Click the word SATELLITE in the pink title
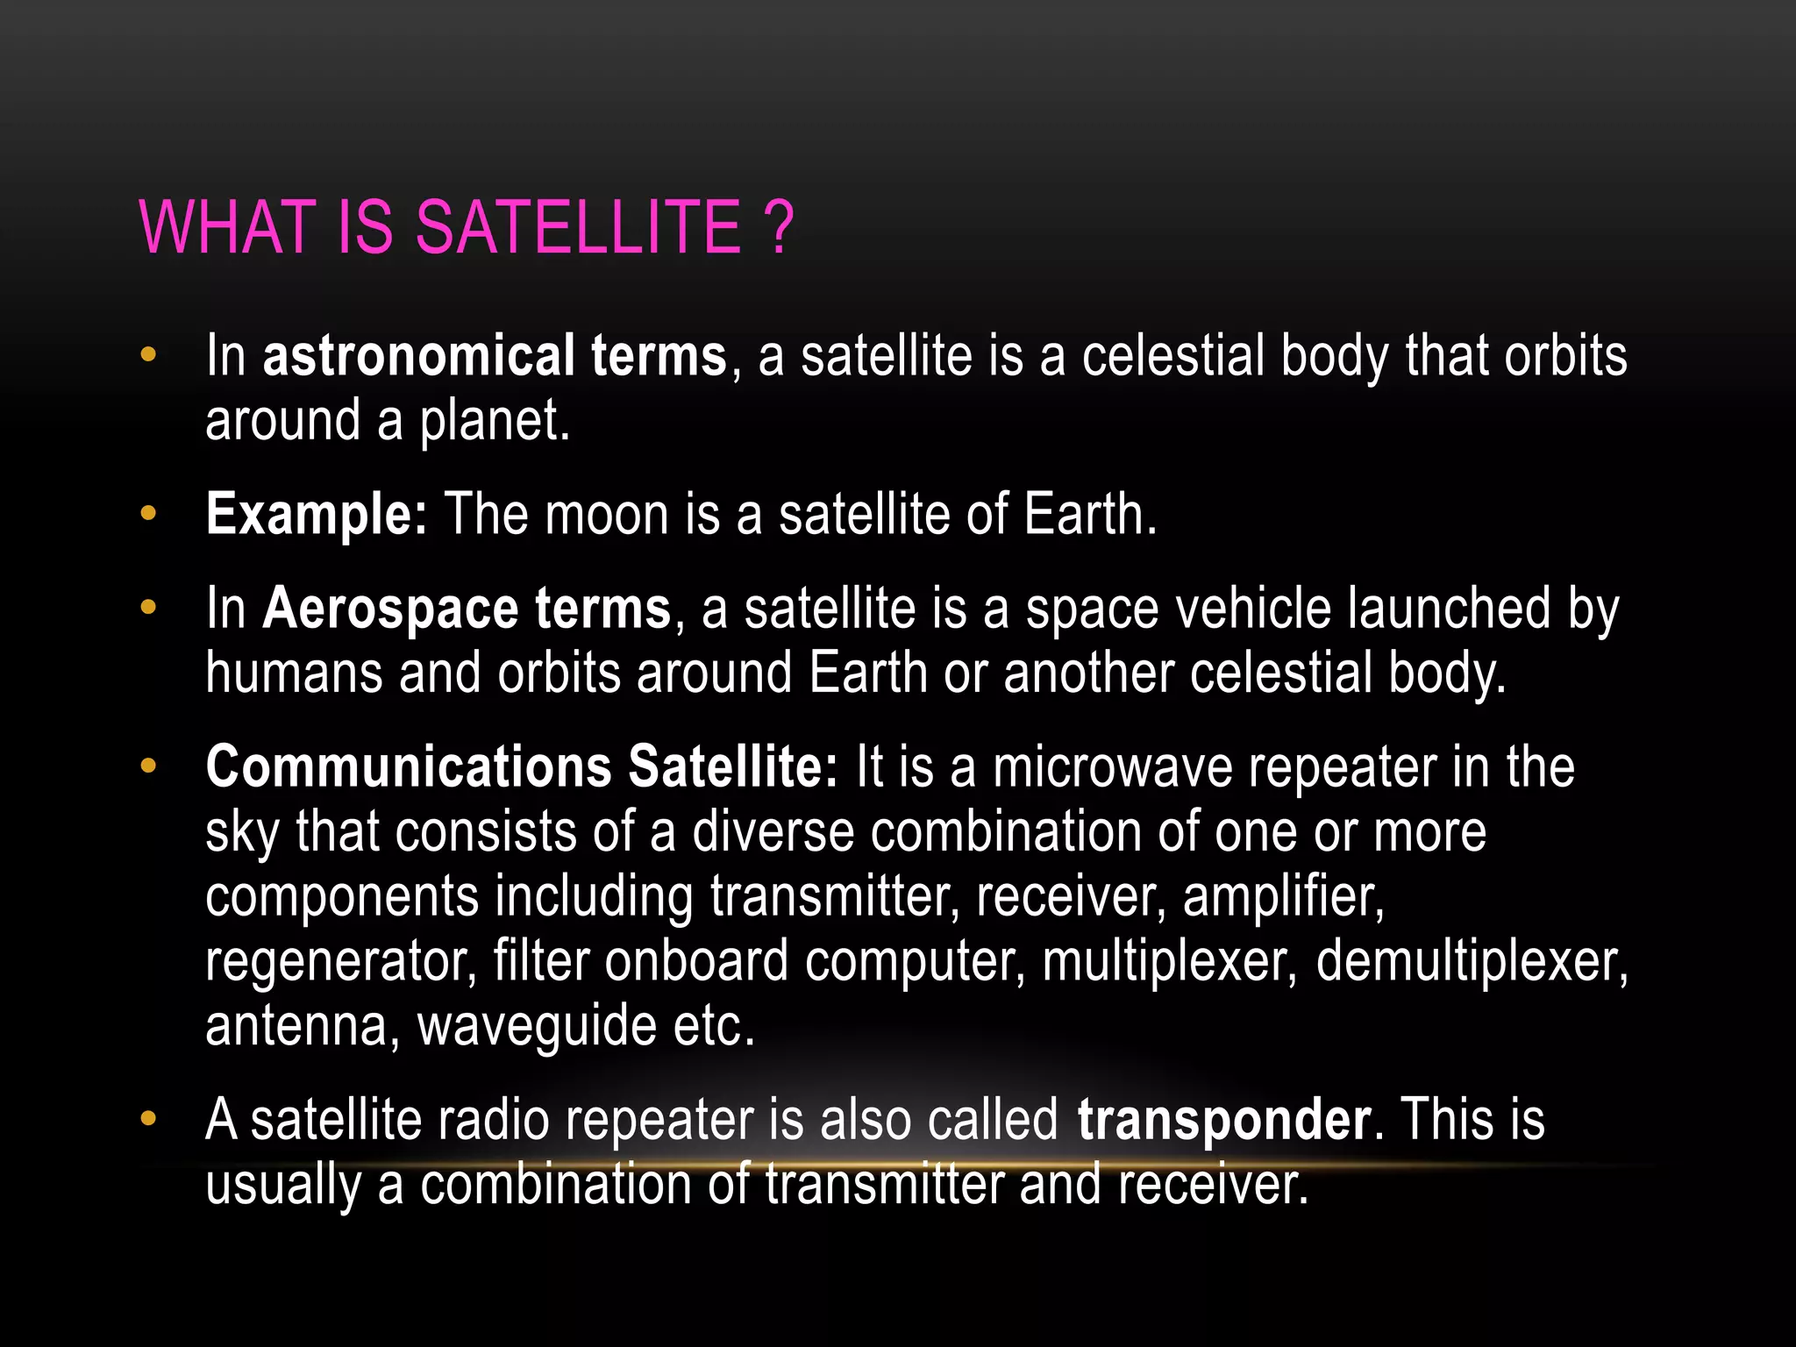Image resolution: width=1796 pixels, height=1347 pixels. (579, 228)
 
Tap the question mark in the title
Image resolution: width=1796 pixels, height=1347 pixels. (778, 228)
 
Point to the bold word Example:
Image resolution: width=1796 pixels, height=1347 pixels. (316, 514)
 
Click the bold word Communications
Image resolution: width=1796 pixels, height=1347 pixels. (408, 766)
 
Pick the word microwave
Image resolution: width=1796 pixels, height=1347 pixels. (1112, 766)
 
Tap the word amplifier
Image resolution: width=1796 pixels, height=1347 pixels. (1282, 896)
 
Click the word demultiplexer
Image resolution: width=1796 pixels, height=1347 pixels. (1471, 961)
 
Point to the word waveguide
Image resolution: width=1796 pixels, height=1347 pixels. (537, 1026)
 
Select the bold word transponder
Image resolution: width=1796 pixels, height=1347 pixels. (1224, 1121)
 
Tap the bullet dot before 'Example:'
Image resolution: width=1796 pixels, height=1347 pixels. (148, 514)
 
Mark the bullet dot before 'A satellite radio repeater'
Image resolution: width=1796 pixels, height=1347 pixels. (148, 1119)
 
